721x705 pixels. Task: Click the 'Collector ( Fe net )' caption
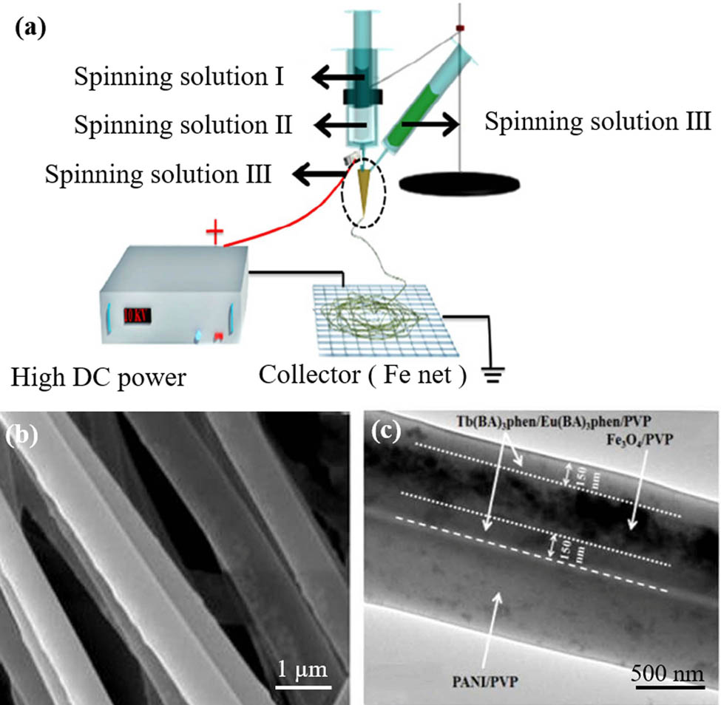pyautogui.click(x=362, y=377)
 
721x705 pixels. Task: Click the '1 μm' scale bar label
pyautogui.click(x=302, y=670)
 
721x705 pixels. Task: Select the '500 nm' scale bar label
pyautogui.click(x=663, y=674)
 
